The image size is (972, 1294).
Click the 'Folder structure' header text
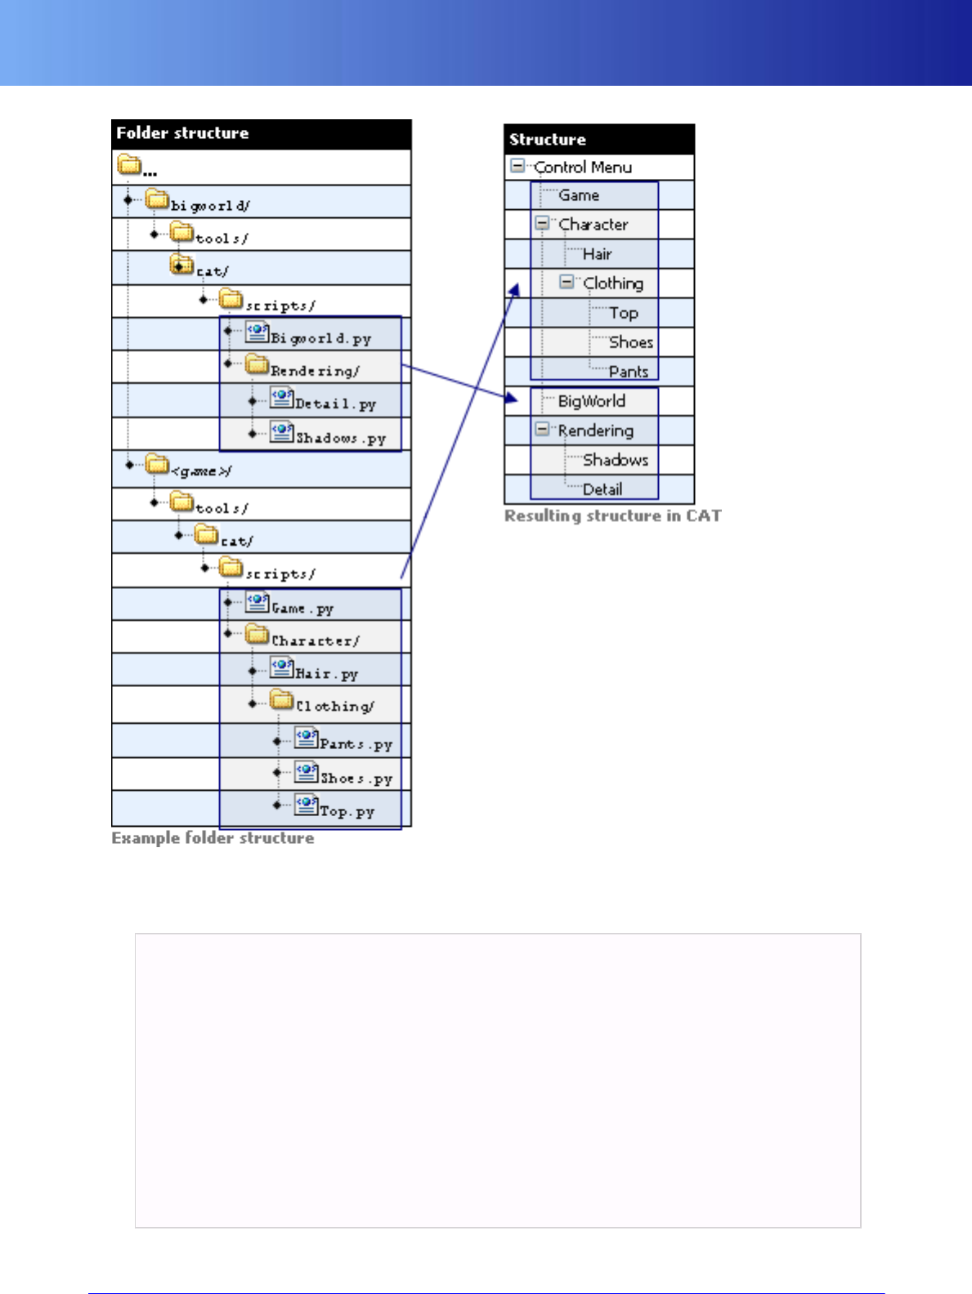pos(182,133)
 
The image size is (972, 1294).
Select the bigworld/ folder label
pos(209,205)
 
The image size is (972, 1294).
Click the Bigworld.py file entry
pos(320,337)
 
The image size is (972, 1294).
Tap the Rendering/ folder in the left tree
pos(315,370)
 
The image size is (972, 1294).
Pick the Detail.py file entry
pos(335,404)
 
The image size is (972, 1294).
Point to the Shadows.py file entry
pos(340,438)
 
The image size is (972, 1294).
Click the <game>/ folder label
pos(201,471)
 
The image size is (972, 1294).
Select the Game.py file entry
pos(302,608)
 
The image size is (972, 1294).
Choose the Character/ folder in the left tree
pos(315,640)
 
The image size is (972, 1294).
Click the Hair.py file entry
pos(326,673)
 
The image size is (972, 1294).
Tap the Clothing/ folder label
pos(335,706)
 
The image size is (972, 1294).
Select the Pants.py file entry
pos(356,743)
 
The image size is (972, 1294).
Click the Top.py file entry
pos(347,810)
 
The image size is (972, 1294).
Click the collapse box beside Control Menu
pos(517,166)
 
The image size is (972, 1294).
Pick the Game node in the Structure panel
pos(579,195)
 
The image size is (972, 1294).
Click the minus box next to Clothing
pos(566,282)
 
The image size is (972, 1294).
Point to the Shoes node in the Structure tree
pos(630,342)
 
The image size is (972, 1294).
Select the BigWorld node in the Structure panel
pos(591,401)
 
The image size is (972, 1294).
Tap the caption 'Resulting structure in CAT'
pos(612,516)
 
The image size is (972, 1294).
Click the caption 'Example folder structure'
pos(213,838)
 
